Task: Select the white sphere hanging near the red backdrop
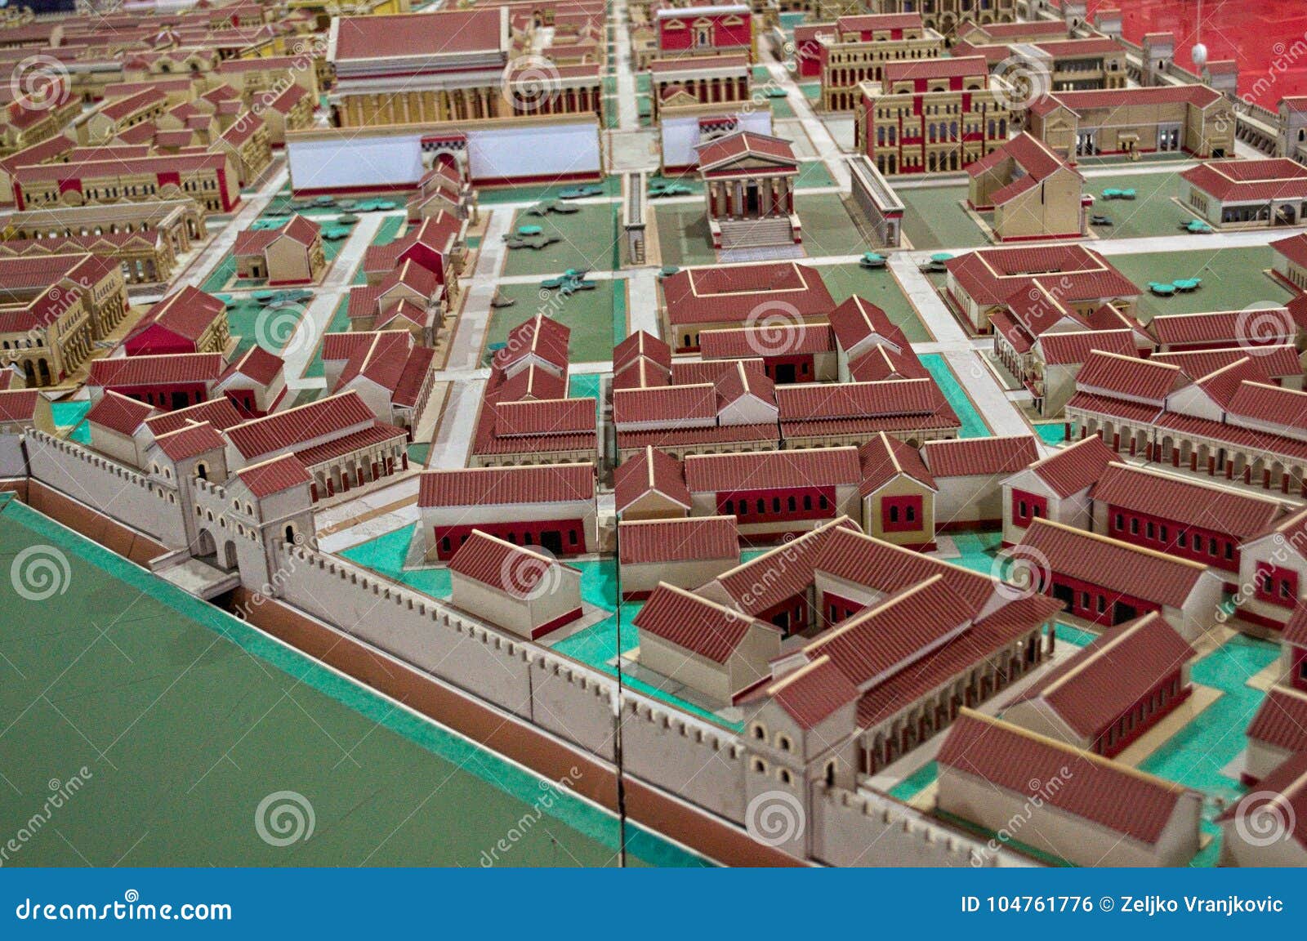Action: tap(1199, 54)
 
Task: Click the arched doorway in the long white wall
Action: tap(446, 161)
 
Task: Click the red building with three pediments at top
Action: tap(704, 29)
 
